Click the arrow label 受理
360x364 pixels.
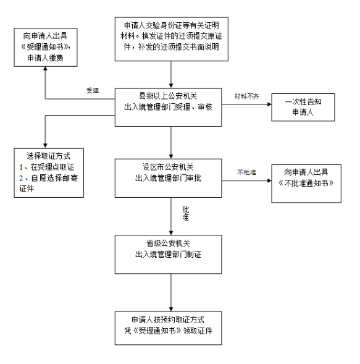click(x=93, y=90)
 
